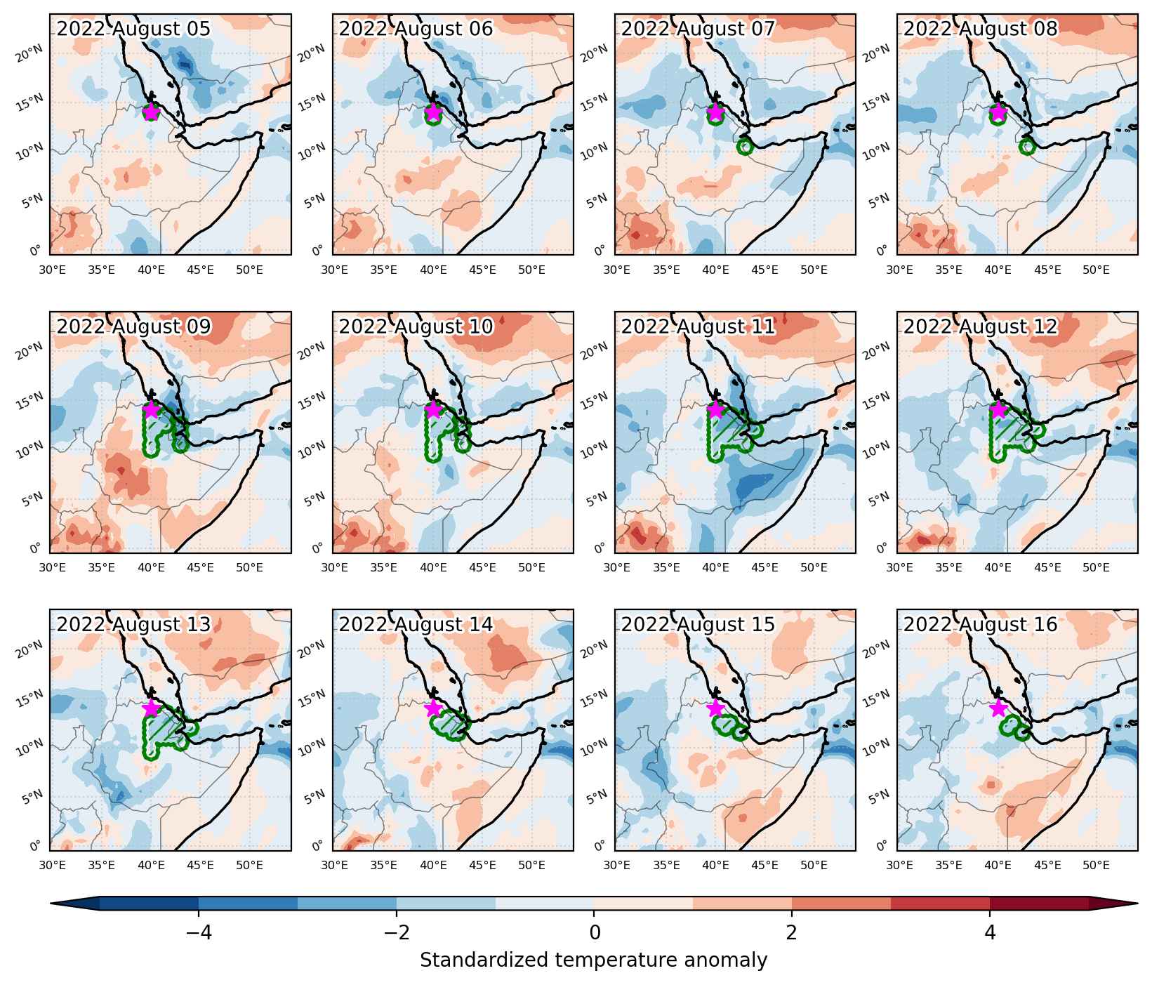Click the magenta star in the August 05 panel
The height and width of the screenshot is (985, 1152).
[151, 112]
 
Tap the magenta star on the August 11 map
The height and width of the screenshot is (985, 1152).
[715, 410]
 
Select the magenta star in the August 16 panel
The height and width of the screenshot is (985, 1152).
[998, 708]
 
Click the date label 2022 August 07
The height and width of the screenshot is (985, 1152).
[698, 29]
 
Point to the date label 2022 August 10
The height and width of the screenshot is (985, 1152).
[416, 326]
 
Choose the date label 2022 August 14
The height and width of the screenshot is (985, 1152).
[416, 624]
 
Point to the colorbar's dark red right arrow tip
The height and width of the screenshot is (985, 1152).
[1137, 903]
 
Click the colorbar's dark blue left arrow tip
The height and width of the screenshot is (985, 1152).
[51, 903]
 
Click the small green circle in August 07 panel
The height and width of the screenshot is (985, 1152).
[745, 147]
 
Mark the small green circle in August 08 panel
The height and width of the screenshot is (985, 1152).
[1027, 147]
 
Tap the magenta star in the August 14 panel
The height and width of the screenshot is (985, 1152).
[433, 708]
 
